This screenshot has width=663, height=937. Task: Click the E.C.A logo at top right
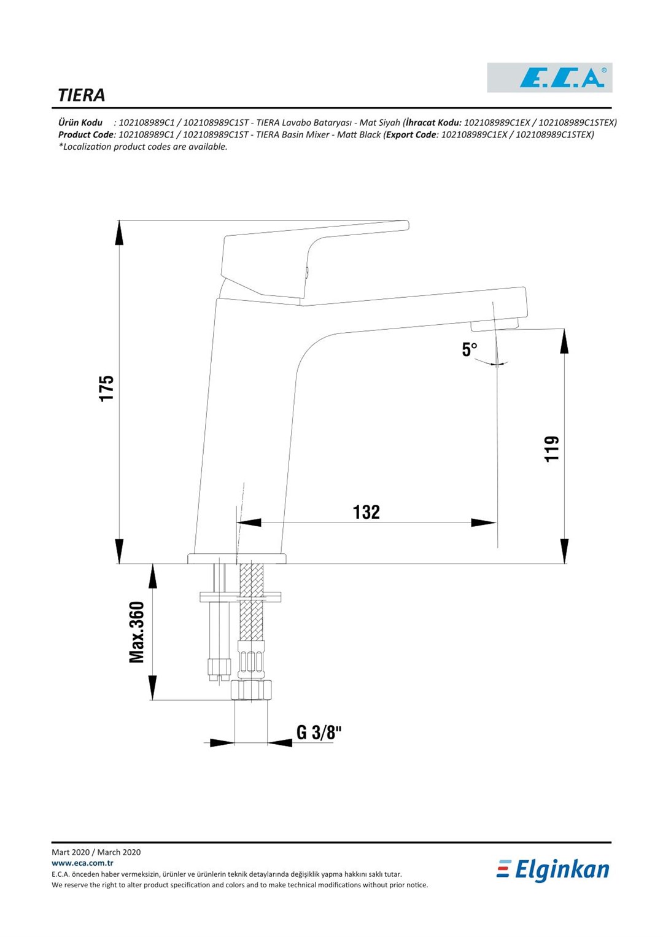pyautogui.click(x=549, y=77)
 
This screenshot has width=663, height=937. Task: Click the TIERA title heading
pyautogui.click(x=82, y=95)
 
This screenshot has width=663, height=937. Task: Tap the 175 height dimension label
pyautogui.click(x=107, y=389)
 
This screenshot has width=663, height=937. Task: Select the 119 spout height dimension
pyautogui.click(x=552, y=449)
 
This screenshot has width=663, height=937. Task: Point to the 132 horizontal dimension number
pyautogui.click(x=366, y=512)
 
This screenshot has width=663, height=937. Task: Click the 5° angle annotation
pyautogui.click(x=470, y=350)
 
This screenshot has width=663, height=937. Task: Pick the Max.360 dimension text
pyautogui.click(x=137, y=632)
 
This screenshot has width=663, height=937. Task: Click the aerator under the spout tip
pyautogui.click(x=495, y=325)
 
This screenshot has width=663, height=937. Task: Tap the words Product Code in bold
pyautogui.click(x=86, y=134)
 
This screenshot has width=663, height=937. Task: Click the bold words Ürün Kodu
pyautogui.click(x=80, y=123)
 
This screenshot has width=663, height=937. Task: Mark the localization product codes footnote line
pyautogui.click(x=142, y=147)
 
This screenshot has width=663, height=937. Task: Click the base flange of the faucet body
pyautogui.click(x=237, y=558)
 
